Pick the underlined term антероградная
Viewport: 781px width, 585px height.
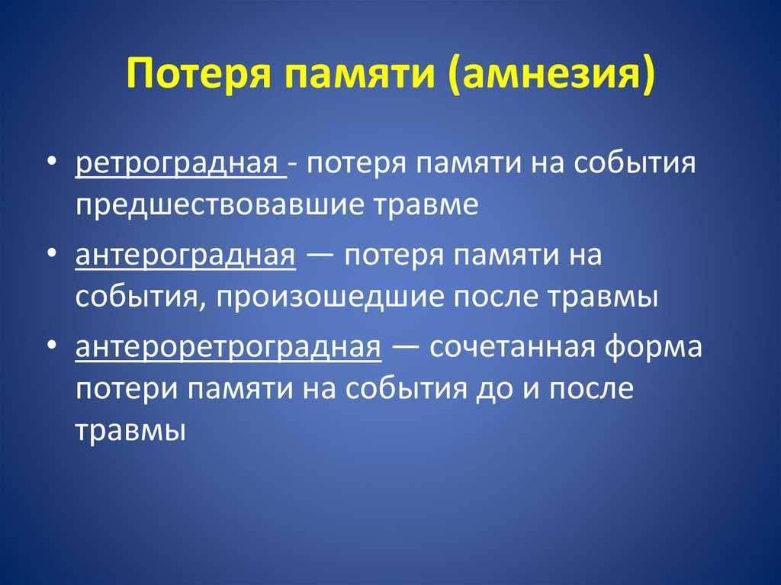click(x=185, y=255)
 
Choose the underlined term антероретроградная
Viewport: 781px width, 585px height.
click(x=229, y=346)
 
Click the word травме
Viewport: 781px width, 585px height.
click(x=426, y=205)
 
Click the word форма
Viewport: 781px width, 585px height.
click(x=654, y=347)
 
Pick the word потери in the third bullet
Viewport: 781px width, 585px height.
click(x=127, y=390)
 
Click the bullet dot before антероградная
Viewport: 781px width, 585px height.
click(x=52, y=253)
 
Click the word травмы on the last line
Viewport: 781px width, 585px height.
click(x=131, y=430)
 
